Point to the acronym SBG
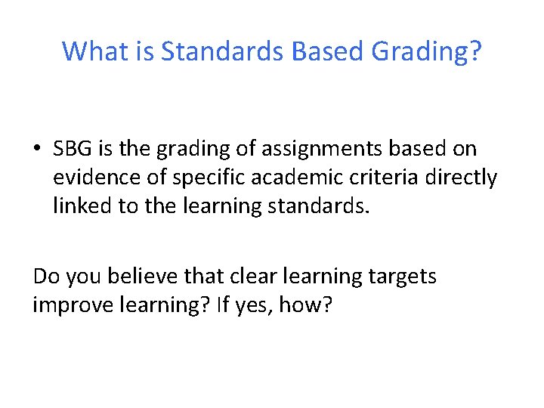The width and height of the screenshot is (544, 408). click(x=72, y=150)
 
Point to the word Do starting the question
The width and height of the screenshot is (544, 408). click(x=46, y=277)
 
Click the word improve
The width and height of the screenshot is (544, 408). click(x=78, y=305)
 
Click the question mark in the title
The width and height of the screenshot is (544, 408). click(x=474, y=51)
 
